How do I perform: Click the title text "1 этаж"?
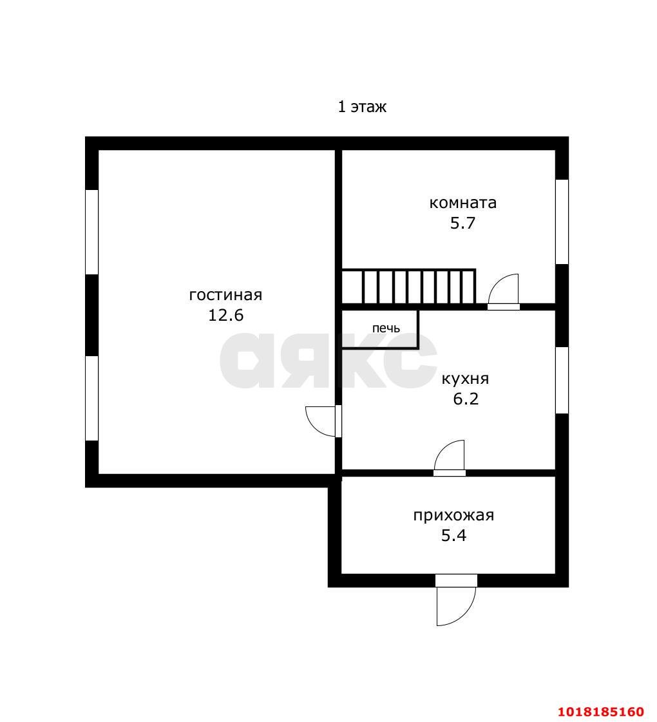[x=362, y=107]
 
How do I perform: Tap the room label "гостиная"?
[x=225, y=295]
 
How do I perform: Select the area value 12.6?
[x=225, y=316]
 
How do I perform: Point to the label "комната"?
[x=462, y=203]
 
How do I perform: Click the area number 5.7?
[x=462, y=223]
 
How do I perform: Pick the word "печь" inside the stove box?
[x=386, y=328]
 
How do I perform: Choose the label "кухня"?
[x=466, y=379]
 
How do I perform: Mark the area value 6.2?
[x=466, y=399]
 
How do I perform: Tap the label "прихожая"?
[x=453, y=515]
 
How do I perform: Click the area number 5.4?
[x=453, y=535]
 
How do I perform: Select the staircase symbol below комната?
[x=408, y=287]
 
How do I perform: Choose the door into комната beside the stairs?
[x=504, y=292]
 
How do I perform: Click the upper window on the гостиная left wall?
[x=92, y=232]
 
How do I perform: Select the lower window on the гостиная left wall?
[x=92, y=398]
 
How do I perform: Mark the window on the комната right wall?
[x=562, y=222]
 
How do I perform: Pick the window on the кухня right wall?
[x=562, y=381]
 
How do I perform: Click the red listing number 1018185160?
[x=601, y=712]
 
